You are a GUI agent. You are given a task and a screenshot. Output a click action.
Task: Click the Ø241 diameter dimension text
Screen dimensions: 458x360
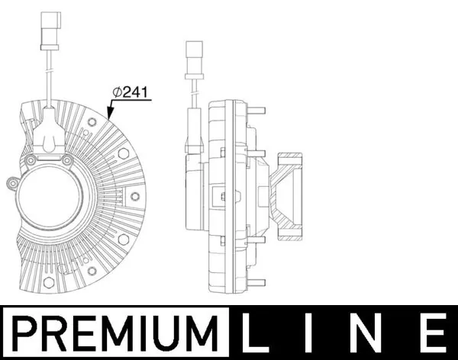131,92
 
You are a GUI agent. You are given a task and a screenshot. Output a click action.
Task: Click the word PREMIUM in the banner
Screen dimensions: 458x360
114,333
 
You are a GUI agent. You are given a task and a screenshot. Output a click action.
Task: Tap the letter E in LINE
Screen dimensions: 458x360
437,333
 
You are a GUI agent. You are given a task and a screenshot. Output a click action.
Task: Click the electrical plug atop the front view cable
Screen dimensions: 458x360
50,31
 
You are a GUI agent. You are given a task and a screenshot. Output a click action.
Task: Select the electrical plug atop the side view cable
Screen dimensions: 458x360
194,59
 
